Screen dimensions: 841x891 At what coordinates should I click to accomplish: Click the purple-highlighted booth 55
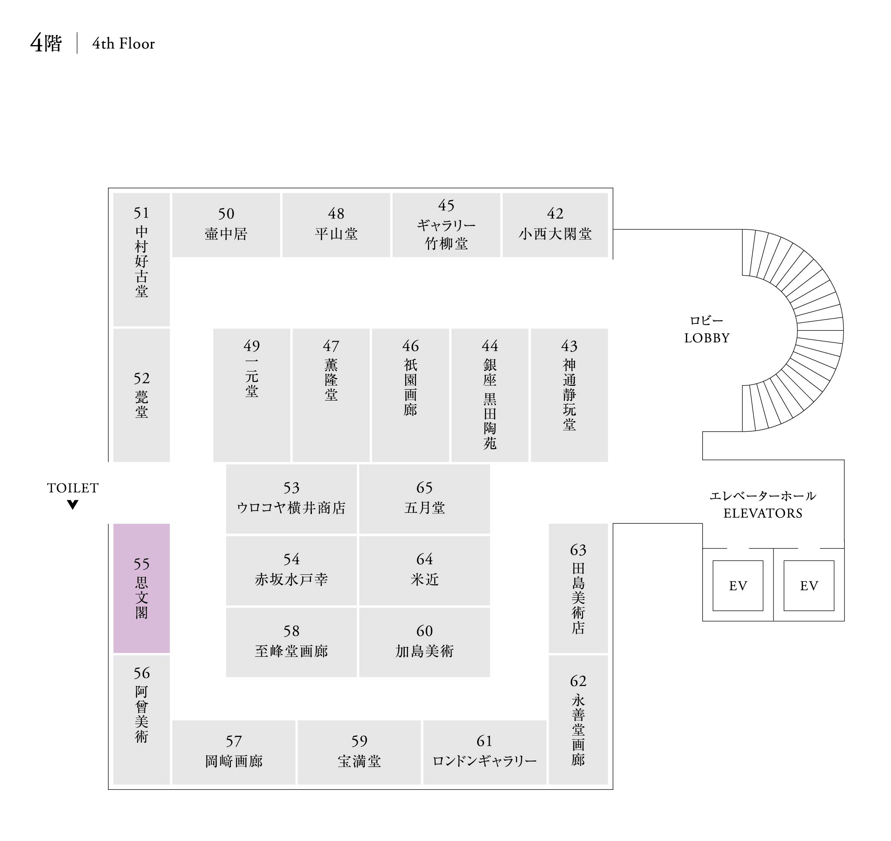click(141, 588)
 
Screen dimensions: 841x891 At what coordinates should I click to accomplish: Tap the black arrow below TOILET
click(73, 505)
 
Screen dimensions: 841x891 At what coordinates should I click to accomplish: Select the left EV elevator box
click(737, 586)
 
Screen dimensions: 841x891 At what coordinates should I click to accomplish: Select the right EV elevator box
click(809, 586)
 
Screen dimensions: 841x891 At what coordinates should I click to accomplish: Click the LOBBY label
click(707, 338)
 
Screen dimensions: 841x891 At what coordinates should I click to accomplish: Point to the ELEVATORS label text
click(763, 513)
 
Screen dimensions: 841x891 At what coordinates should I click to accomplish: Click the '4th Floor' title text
click(123, 43)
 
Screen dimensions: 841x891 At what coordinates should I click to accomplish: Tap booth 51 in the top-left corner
click(141, 259)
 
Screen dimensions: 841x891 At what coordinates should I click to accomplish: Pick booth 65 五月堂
click(424, 499)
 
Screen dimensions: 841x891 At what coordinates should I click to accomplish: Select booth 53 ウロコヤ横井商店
click(291, 499)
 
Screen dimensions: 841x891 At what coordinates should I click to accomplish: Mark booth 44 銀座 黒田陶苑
click(489, 394)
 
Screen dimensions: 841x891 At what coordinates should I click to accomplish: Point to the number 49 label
click(252, 346)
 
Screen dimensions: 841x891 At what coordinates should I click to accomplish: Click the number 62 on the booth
click(578, 681)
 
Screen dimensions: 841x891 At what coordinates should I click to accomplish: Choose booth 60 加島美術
click(424, 642)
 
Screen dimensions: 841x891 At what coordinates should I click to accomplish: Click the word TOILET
click(73, 488)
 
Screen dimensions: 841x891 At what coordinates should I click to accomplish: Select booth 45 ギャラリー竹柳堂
click(446, 225)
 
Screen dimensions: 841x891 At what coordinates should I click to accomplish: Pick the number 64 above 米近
click(424, 559)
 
